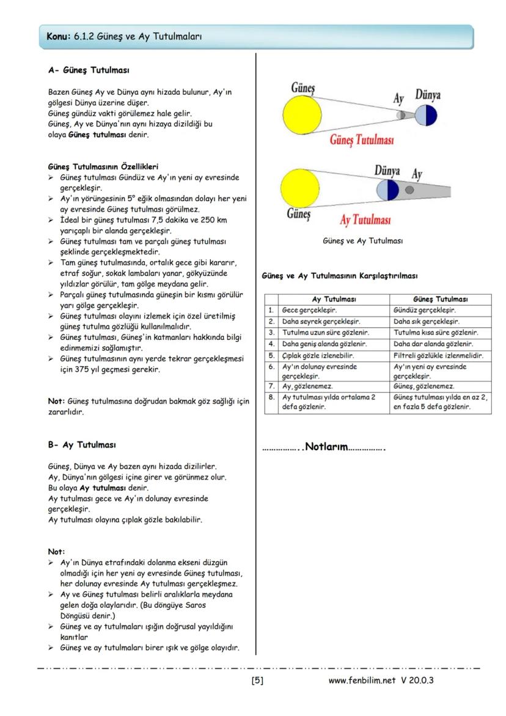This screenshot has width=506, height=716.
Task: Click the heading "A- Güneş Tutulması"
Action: pyautogui.click(x=89, y=70)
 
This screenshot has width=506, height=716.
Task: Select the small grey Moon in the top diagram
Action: pyautogui.click(x=401, y=114)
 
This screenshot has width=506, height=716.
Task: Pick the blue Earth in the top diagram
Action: pyautogui.click(x=426, y=114)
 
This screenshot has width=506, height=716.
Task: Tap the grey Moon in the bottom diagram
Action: pyautogui.click(x=409, y=191)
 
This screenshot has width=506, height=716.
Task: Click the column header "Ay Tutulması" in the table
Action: pyautogui.click(x=334, y=300)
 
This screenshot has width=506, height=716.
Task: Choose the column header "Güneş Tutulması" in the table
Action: pyautogui.click(x=441, y=300)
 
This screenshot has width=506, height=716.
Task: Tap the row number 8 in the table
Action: pyautogui.click(x=271, y=397)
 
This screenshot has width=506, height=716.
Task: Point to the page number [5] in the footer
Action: pyautogui.click(x=257, y=680)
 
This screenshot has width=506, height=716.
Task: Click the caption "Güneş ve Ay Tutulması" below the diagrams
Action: pyautogui.click(x=362, y=241)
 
